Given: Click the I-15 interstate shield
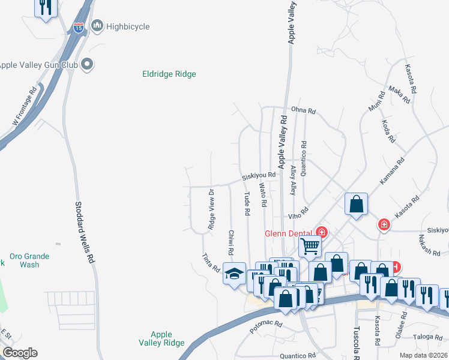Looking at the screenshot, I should click(x=79, y=27).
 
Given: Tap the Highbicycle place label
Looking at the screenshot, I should click(x=127, y=26).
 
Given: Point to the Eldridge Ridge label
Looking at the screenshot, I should click(x=169, y=74).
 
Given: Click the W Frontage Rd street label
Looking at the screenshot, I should click(x=25, y=106).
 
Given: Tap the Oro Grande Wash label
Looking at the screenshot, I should click(x=30, y=260).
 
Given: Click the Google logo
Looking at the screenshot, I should click(x=19, y=353).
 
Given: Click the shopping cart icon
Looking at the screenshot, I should click(x=310, y=245).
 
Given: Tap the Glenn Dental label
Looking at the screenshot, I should click(x=289, y=233).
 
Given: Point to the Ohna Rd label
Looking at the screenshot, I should click(x=303, y=111).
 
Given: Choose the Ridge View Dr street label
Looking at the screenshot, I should click(x=211, y=209).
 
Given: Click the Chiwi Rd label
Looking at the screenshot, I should click(x=231, y=242).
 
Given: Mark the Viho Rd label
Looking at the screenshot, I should click(x=298, y=211).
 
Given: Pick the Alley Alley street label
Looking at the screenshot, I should click(x=293, y=181).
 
